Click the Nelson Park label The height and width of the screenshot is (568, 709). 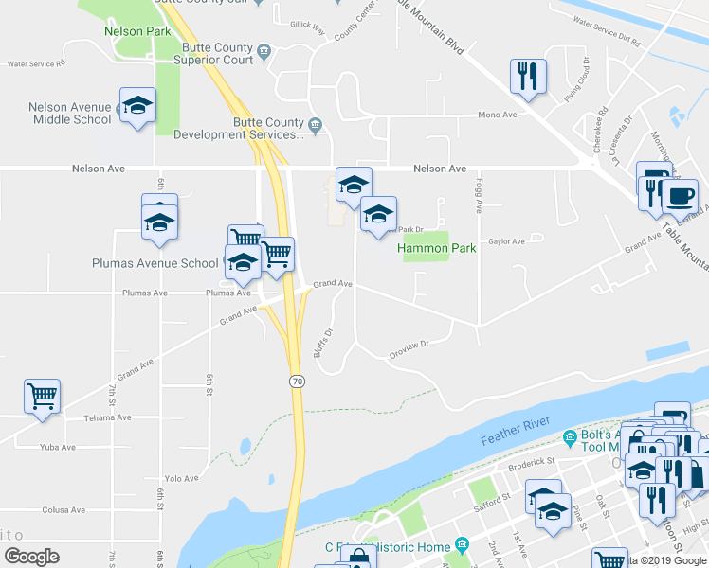pos(137,31)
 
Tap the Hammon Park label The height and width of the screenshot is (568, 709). pos(436,249)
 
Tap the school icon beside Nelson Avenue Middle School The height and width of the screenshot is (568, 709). pos(137,105)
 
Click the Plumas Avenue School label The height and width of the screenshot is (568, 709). pos(155,263)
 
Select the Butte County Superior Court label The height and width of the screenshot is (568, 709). pos(213,54)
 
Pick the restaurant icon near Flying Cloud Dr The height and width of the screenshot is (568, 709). pos(528,76)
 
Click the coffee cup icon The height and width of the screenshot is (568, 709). pos(679,197)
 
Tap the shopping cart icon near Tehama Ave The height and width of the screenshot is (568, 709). pos(43,397)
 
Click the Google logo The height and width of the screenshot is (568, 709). pos(31,557)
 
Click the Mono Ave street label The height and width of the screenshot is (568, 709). pos(497,115)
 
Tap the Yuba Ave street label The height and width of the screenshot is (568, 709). pos(57,447)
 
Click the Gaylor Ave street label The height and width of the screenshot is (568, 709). pos(506,241)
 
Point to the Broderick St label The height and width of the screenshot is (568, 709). pos(532,461)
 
